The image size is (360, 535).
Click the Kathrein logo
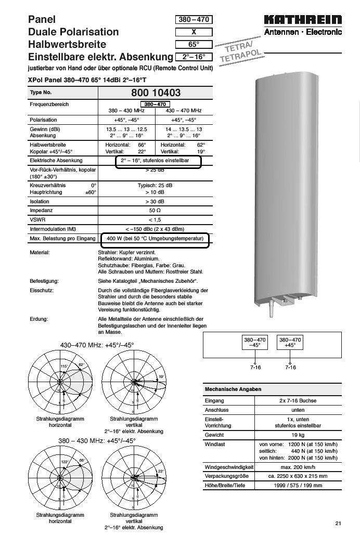(303, 20)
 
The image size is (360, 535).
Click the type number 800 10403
(152, 93)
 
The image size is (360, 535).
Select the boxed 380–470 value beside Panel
(194, 20)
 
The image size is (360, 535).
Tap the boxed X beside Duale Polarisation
(194, 32)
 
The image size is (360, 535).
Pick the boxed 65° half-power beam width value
(194, 45)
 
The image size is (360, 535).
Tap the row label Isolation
(40, 201)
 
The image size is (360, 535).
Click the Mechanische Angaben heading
(233, 389)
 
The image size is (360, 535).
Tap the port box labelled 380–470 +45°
(290, 342)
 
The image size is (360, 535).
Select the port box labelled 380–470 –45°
(255, 342)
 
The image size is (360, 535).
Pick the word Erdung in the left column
(38, 319)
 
